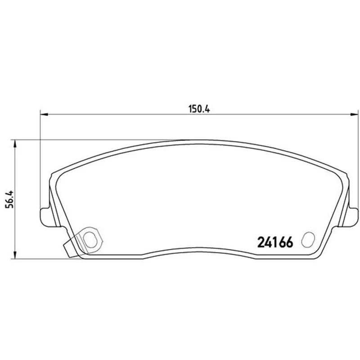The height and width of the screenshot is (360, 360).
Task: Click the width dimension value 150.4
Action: pyautogui.click(x=199, y=109)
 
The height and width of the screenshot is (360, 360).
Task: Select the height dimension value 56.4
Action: pyautogui.click(x=10, y=199)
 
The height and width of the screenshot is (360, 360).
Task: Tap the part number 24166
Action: pyautogui.click(x=275, y=243)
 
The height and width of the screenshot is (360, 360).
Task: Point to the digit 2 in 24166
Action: pyautogui.click(x=261, y=243)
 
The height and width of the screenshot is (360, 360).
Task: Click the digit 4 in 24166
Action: pyautogui.click(x=269, y=243)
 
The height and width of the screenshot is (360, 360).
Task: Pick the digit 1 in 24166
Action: pyautogui.click(x=275, y=243)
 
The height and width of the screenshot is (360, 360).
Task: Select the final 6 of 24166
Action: pyautogui.click(x=289, y=243)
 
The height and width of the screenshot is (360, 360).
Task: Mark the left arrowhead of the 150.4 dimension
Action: pyautogui.click(x=44, y=114)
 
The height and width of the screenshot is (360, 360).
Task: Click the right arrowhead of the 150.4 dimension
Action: pyautogui.click(x=354, y=114)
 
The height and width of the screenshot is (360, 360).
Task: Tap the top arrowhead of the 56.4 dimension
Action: pyautogui.click(x=15, y=144)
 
